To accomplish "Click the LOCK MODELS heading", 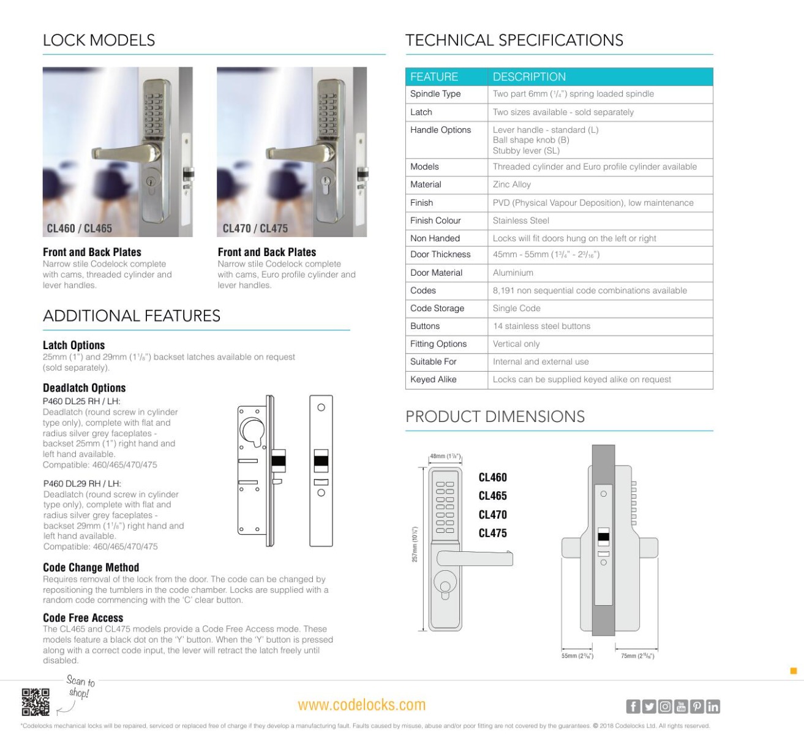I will pos(99,40).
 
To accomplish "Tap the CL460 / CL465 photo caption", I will pos(80,228).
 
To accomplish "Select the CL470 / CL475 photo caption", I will pos(255,228).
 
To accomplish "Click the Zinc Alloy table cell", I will pos(512,184).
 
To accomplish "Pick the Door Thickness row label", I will pos(440,254).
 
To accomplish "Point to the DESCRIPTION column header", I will pos(529,77).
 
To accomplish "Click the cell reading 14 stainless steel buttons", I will pos(541,326).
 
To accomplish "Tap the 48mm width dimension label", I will pos(445,456).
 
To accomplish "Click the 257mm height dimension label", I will pos(415,545).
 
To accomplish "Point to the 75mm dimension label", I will pos(637,656).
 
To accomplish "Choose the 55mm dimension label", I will pos(577,656).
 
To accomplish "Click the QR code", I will pos(36,702).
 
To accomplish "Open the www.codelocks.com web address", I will pos(361,705).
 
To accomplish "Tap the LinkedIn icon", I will pos(713,707).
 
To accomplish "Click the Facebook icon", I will pos(633,707).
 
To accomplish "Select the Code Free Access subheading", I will pos(83,617).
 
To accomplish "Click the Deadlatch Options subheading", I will pos(84,388).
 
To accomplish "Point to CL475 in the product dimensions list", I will pos(492,533).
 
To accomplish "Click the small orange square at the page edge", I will pos(794,671).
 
